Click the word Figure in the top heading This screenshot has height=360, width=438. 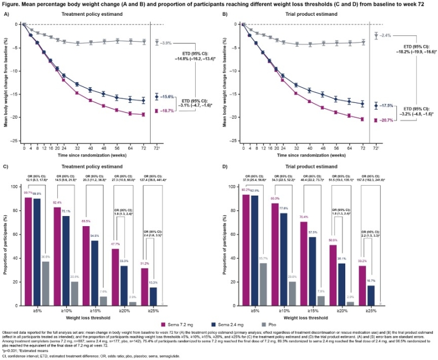[12, 4]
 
